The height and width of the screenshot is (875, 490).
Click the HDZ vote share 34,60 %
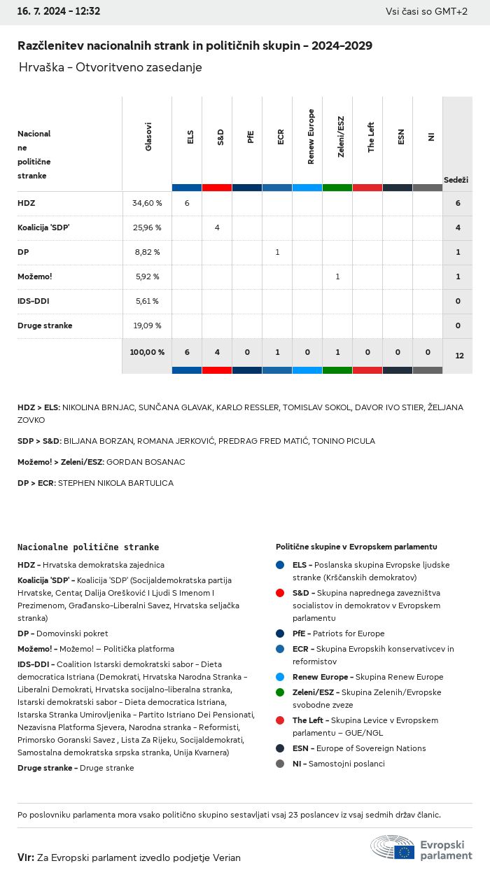pos(147,203)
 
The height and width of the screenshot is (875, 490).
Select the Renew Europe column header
pos(311,136)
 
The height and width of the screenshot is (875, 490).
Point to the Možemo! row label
pos(35,276)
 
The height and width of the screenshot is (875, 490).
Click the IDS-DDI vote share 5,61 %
pos(147,301)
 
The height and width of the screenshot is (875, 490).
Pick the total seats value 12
pos(459,356)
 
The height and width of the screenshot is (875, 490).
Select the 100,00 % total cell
pos(147,352)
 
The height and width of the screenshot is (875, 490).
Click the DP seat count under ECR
pos(278,252)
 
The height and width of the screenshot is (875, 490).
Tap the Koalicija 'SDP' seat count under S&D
pos(218,227)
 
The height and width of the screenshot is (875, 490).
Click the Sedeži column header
pos(456,181)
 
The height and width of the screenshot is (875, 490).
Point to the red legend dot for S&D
pos(280,593)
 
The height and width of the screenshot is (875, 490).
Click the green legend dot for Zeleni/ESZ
pos(280,692)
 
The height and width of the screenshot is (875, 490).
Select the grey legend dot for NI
pos(280,764)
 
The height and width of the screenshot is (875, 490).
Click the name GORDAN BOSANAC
pos(146,462)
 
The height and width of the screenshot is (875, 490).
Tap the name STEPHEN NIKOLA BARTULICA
pos(115,483)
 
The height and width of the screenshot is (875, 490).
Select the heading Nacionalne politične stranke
pos(88,547)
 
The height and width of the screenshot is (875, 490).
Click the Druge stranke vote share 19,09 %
pos(147,325)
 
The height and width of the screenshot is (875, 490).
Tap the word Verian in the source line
pos(226,857)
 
